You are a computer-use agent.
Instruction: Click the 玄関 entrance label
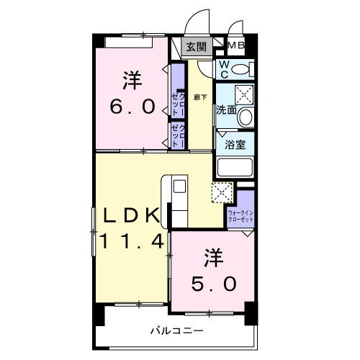pos(195,48)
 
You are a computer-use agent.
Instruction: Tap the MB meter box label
pos(236,48)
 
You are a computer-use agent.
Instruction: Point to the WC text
pos(224,69)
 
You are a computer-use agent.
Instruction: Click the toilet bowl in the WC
pos(243,70)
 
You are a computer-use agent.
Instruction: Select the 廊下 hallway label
pos(200,97)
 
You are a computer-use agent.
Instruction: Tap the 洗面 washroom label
pos(226,111)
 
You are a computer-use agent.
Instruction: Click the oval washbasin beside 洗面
pos(246,117)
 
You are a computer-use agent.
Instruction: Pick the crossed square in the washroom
pos(243,94)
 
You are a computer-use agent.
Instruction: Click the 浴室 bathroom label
pos(235,143)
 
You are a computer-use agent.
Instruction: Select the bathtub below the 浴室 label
pos(234,168)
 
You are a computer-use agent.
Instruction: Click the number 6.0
pos(132,107)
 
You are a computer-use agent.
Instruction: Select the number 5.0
pos(213,284)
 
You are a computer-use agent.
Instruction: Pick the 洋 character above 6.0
pos(132,80)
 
